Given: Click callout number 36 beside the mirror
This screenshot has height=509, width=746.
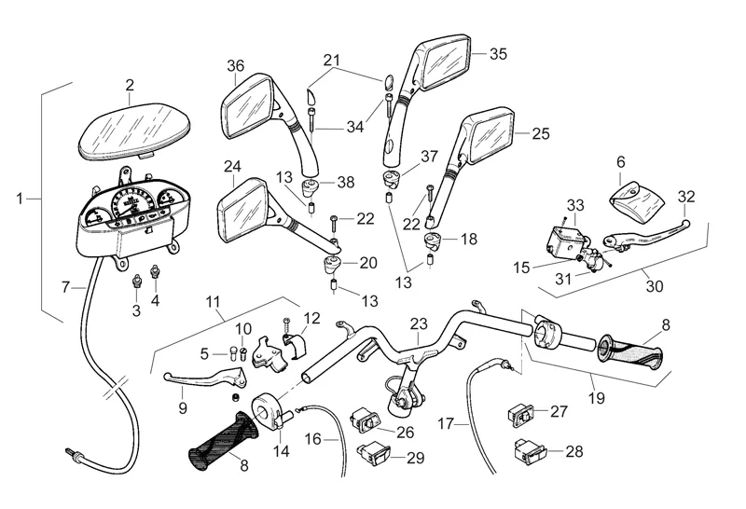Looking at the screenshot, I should (235, 65).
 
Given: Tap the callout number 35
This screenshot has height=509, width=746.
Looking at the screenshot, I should (498, 54).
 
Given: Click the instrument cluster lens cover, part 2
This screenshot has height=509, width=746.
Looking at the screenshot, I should (131, 130).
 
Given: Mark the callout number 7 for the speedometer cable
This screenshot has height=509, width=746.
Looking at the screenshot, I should (65, 286).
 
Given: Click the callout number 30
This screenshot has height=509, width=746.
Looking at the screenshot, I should (655, 287).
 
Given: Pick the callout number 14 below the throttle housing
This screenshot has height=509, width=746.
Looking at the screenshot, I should (281, 451).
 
